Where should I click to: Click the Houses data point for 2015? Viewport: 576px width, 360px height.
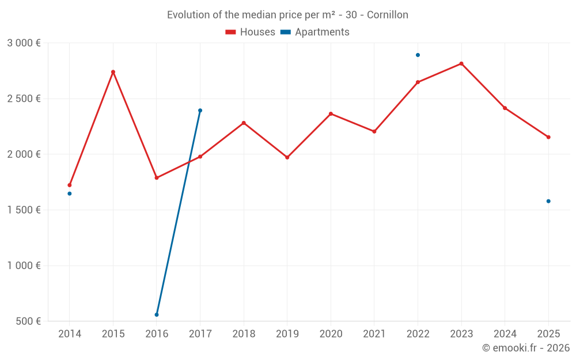pos(113,72)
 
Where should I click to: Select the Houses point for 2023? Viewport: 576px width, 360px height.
pos(461,63)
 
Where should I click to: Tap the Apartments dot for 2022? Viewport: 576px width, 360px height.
pos(418,55)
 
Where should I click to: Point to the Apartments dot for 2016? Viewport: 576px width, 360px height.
pos(157,314)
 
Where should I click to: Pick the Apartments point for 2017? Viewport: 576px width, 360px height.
pos(200,111)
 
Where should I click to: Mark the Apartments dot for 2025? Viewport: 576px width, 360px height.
pos(548,201)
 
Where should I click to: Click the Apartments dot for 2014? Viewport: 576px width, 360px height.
pos(70,194)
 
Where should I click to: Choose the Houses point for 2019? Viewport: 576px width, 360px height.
pos(287,157)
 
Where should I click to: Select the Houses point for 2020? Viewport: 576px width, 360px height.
pos(331,113)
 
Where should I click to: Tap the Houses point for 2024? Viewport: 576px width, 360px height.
pos(505,108)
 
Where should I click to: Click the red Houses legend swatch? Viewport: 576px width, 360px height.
pos(231,32)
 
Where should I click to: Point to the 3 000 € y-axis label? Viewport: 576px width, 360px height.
pos(24,43)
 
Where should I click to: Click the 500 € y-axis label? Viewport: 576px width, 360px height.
pos(28,321)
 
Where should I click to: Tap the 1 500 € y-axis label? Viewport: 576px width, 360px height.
pos(24,210)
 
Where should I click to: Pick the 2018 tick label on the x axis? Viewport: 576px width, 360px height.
pos(244,334)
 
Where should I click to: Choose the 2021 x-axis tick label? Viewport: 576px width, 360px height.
pos(374,334)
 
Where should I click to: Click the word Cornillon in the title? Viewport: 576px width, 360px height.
pos(388,15)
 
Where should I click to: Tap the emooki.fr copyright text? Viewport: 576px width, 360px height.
pos(525,348)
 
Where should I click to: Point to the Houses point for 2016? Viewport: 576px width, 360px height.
pos(157,177)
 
